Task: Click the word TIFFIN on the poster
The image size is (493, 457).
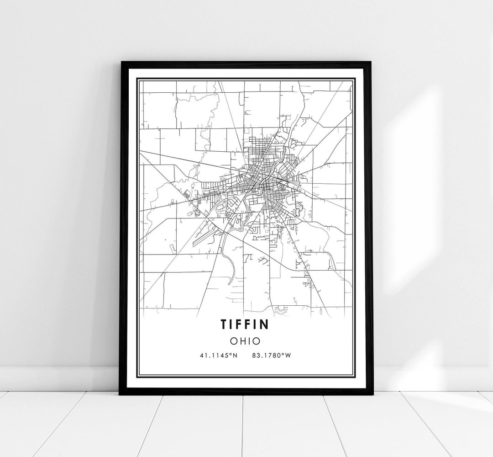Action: click(245, 324)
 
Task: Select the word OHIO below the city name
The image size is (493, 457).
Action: click(246, 340)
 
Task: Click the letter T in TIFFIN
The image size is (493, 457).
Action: click(224, 324)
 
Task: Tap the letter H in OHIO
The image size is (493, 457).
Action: click(242, 340)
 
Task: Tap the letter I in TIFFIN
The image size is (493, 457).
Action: click(232, 324)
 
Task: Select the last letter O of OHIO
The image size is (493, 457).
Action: click(257, 340)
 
